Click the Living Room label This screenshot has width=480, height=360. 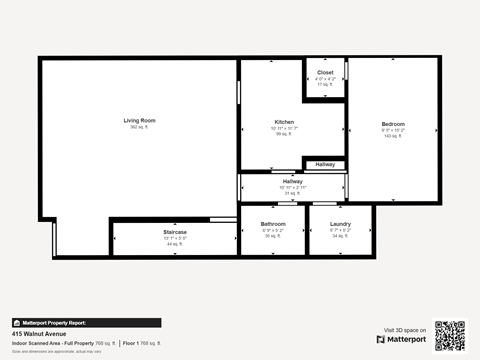(x=139, y=120)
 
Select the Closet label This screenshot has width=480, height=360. (x=325, y=73)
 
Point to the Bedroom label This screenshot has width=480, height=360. (x=393, y=124)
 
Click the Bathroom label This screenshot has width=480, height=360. (x=273, y=223)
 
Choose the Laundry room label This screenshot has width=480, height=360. (x=340, y=223)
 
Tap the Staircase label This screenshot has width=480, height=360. (x=175, y=232)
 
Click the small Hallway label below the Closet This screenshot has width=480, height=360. (x=325, y=164)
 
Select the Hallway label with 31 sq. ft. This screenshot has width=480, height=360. (x=292, y=181)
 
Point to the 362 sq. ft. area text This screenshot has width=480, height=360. (x=139, y=128)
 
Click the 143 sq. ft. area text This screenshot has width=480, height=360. (x=393, y=136)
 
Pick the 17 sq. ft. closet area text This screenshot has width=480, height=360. (x=325, y=85)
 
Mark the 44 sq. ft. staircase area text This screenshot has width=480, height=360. (x=175, y=244)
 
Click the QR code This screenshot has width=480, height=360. (x=449, y=336)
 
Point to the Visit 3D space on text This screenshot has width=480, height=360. (x=404, y=329)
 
